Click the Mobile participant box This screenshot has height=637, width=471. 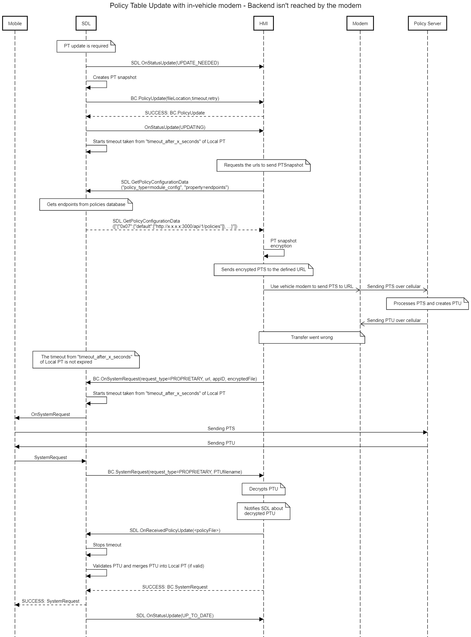[15, 24]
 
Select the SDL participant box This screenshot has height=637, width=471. [86, 24]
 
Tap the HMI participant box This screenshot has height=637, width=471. [264, 24]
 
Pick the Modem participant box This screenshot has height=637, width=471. [360, 24]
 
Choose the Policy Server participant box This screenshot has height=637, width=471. [427, 24]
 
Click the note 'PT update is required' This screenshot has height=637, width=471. [86, 46]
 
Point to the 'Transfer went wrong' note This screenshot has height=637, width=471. [312, 337]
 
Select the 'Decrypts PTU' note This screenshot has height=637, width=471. [264, 489]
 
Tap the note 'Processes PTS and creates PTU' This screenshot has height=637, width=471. [427, 303]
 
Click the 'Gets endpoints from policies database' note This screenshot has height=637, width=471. [86, 204]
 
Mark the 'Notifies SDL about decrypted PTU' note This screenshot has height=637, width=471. [264, 511]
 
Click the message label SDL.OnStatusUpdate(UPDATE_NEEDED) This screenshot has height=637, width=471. [175, 63]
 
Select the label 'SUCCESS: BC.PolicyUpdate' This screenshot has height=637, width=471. [175, 113]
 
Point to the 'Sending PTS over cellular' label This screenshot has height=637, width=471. [394, 286]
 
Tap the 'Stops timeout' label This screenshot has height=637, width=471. [107, 545]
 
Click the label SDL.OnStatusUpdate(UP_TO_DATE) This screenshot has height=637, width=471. [175, 615]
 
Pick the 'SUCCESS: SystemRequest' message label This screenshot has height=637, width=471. [50, 601]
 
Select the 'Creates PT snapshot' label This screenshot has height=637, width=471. [115, 77]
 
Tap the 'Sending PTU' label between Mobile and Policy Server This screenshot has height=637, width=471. [221, 443]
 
